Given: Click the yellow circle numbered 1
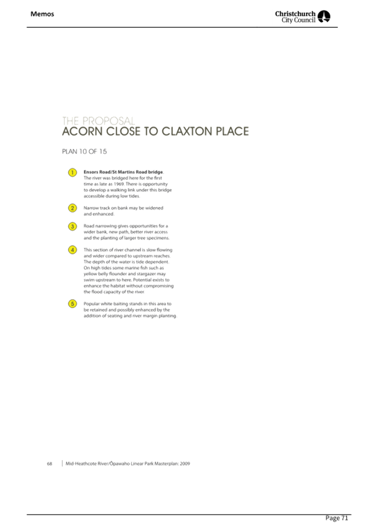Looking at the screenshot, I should pos(72,173).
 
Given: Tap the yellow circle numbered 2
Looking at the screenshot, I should pos(72,208).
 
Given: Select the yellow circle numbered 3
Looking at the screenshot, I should pos(72,226).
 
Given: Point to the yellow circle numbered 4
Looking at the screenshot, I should pos(72,250).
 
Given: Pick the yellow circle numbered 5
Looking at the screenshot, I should pos(72,304).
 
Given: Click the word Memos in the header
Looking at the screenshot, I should pos(42,14).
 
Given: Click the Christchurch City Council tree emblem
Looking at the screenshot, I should pos(324,17).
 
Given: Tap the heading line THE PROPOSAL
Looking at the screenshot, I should pos(98,120).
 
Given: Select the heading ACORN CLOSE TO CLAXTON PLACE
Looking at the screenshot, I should pos(154,132).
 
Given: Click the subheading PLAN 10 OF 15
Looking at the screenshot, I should pos(84,152).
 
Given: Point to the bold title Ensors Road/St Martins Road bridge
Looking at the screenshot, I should pos(123,172).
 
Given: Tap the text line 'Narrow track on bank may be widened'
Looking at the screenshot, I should pos(123,208).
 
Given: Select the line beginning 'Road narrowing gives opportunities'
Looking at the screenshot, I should pos(126,226).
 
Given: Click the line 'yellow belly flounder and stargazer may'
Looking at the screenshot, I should pos(124,274).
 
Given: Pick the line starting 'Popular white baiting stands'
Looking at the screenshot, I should pos(127,304).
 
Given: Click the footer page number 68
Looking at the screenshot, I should pos(49,463).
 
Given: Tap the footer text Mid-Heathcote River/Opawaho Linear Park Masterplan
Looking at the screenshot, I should pos(127,463).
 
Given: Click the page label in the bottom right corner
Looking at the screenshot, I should pos(337,518).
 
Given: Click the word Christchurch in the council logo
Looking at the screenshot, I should pos(296,13).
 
